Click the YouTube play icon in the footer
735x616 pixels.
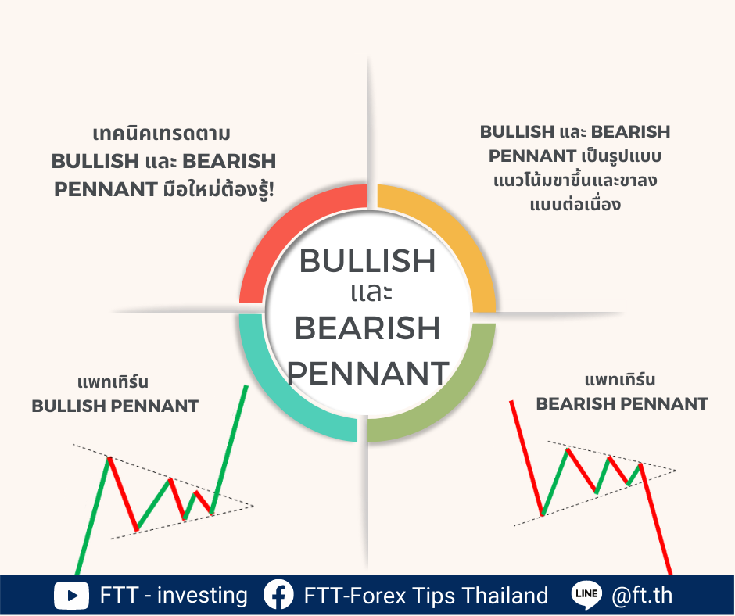[x=71, y=596]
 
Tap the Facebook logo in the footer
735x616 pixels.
[x=278, y=595]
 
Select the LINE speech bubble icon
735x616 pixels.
[x=586, y=595]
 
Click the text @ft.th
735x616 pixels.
[x=642, y=595]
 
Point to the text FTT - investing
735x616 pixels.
[x=174, y=596]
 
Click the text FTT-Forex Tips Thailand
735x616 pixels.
[x=425, y=596]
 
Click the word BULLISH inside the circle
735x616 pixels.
[x=367, y=260]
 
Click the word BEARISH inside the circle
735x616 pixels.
[x=367, y=328]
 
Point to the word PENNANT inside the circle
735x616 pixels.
[x=368, y=373]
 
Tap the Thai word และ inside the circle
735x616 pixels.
[x=371, y=292]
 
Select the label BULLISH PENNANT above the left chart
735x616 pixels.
[x=115, y=406]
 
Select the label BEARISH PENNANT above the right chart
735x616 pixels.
[x=622, y=403]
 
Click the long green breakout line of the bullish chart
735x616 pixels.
[x=229, y=449]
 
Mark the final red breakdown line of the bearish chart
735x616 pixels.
[x=656, y=519]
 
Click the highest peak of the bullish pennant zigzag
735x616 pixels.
[x=109, y=458]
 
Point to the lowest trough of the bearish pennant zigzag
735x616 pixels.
[x=543, y=514]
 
